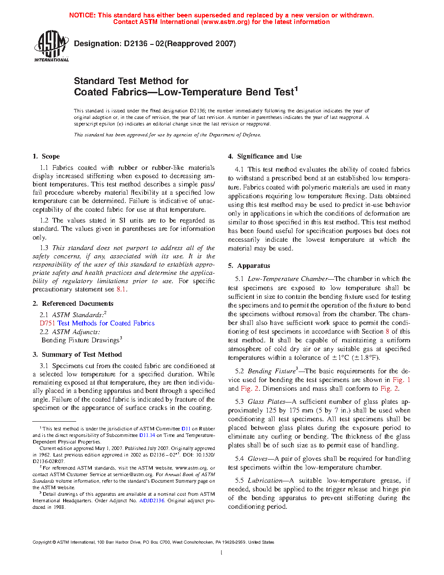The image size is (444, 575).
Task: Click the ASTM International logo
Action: tap(51, 46)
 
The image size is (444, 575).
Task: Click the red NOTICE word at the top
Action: tap(82, 15)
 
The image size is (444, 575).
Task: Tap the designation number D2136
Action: tap(135, 44)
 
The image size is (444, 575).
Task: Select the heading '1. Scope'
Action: tap(46, 156)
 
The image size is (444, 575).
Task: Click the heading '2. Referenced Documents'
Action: tap(73, 304)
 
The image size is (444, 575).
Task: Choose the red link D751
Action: tap(47, 323)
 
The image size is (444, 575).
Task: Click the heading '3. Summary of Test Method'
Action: tap(77, 355)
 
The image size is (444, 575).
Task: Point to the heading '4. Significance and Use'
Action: tap(265, 156)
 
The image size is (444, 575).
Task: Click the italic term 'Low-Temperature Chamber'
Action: tap(287, 279)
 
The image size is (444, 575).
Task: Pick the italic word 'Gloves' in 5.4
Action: tap(257, 459)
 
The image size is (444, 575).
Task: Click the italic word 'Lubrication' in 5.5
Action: tap(265, 480)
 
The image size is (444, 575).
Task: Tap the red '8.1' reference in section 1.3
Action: tap(121, 289)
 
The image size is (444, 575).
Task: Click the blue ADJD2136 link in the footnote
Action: tap(151, 501)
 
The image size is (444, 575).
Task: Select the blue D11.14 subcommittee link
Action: tap(147, 435)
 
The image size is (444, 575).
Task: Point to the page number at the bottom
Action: tap(222, 553)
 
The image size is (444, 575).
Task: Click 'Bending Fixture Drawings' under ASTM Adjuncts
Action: tap(80, 340)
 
